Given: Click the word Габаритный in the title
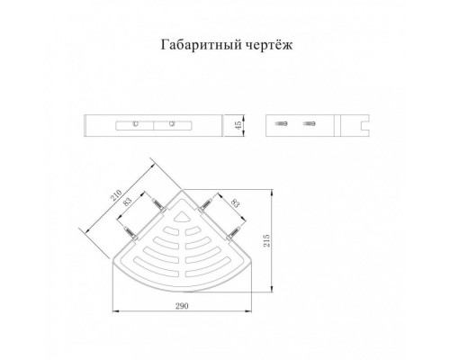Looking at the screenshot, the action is pyautogui.click(x=200, y=45).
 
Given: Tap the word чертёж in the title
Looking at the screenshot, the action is pyautogui.click(x=269, y=45).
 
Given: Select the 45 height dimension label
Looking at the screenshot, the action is pyautogui.click(x=238, y=125).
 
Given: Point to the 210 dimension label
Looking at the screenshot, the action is pyautogui.click(x=117, y=195).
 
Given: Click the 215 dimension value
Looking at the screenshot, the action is pyautogui.click(x=266, y=240).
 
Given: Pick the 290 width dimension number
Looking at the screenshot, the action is pyautogui.click(x=182, y=306).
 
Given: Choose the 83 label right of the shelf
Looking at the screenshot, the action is pyautogui.click(x=236, y=203).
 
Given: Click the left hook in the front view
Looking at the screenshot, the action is pyautogui.click(x=135, y=123).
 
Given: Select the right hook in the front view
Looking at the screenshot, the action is pyautogui.click(x=172, y=123).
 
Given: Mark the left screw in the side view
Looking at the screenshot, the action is pyautogui.click(x=282, y=123).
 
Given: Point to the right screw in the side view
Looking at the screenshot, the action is pyautogui.click(x=309, y=123).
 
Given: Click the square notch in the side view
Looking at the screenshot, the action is pyautogui.click(x=365, y=125).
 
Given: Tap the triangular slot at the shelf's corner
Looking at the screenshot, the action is pyautogui.click(x=183, y=217).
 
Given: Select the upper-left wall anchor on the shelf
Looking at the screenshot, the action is pyautogui.click(x=159, y=205).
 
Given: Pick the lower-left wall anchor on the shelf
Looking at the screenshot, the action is pyautogui.click(x=131, y=233).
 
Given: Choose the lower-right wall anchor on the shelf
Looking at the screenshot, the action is pyautogui.click(x=234, y=232).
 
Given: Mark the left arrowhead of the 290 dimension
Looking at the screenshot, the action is pyautogui.click(x=114, y=310).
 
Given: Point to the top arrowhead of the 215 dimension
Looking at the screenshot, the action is pyautogui.click(x=272, y=192).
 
